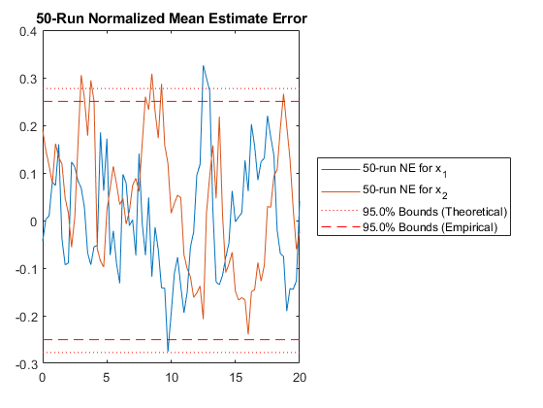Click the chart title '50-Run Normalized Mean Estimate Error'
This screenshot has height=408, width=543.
click(x=172, y=18)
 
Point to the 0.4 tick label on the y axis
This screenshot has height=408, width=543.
click(x=28, y=31)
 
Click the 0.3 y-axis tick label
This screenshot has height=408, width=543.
click(x=28, y=79)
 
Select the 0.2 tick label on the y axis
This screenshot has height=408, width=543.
click(x=28, y=126)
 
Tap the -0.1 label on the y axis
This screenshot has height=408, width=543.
click(x=26, y=269)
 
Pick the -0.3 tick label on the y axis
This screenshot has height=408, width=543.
click(x=26, y=364)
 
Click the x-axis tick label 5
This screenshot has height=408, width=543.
click(x=107, y=378)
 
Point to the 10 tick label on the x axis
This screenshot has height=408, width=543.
click(x=172, y=378)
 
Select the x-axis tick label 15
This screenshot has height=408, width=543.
click(x=236, y=378)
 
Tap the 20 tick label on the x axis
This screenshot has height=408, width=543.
click(x=300, y=378)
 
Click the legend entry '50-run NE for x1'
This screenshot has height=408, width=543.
click(x=405, y=170)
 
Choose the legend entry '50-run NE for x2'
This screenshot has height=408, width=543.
click(x=405, y=191)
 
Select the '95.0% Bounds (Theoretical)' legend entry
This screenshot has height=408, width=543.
click(x=435, y=212)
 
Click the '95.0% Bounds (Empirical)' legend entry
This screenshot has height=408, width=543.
click(x=431, y=227)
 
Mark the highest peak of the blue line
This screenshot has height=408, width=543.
click(x=204, y=66)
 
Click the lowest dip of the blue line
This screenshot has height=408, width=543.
click(x=168, y=351)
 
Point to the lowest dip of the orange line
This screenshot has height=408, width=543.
click(x=248, y=333)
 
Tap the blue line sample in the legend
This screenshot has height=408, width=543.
click(x=340, y=170)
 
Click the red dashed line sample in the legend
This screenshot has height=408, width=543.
click(x=340, y=227)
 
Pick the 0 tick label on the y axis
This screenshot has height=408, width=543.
click(x=33, y=221)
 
